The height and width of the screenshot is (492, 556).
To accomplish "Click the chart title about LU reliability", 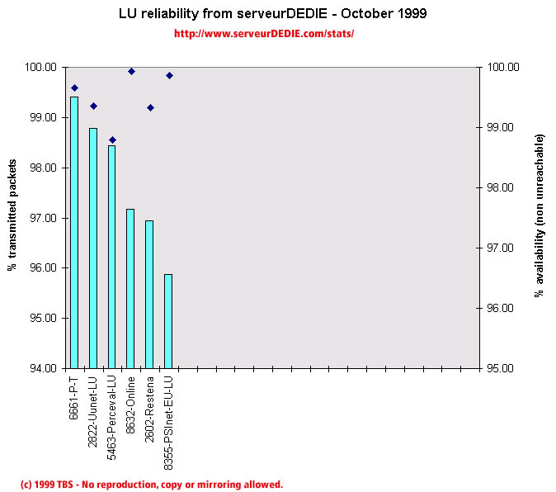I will (x=278, y=15).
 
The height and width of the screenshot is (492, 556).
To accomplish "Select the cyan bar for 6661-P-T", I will (x=74, y=232).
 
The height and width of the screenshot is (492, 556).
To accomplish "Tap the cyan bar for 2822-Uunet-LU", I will (x=93, y=248).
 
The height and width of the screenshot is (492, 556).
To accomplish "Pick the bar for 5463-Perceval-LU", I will (x=112, y=256).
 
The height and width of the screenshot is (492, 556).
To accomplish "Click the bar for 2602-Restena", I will (x=149, y=294).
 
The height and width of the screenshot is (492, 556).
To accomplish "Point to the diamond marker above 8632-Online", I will (x=131, y=71).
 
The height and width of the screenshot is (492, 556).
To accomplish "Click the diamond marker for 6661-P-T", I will (x=74, y=88).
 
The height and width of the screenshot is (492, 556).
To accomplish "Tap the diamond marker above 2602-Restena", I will (x=150, y=107).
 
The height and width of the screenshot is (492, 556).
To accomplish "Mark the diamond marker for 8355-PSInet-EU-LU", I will (x=169, y=75).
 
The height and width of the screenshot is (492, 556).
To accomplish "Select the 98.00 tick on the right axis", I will (x=503, y=187).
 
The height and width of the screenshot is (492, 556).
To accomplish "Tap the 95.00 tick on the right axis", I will (x=503, y=368).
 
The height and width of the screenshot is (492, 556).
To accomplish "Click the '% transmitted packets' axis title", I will (x=13, y=216).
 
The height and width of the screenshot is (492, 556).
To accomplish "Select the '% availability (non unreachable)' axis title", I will (x=540, y=216).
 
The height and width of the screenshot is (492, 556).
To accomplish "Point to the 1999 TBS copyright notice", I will (x=151, y=485).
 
